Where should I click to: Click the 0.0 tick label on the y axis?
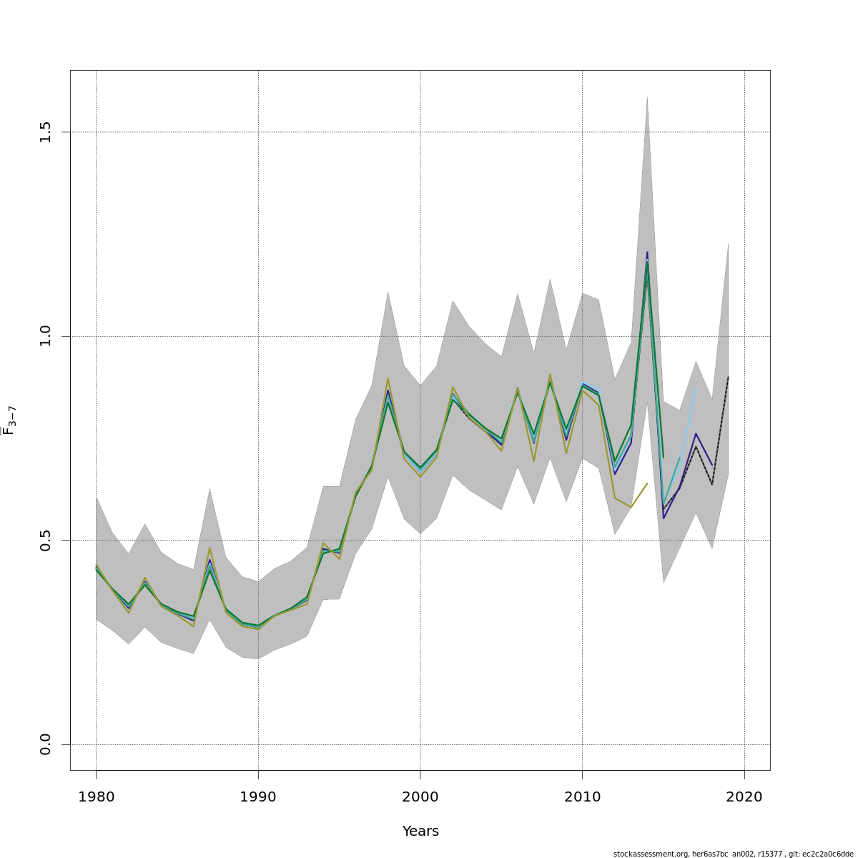[x=46, y=744]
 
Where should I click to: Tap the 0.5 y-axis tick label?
[x=46, y=541]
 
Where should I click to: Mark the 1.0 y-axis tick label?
[x=46, y=336]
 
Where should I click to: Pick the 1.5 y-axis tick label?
[x=46, y=132]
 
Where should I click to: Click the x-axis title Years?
[x=420, y=832]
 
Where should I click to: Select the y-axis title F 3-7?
[x=9, y=420]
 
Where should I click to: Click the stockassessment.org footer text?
[x=733, y=854]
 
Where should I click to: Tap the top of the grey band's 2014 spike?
[x=647, y=96]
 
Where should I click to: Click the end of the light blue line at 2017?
[x=696, y=387]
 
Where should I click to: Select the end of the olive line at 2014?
[x=647, y=483]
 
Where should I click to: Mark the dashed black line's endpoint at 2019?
[x=728, y=377]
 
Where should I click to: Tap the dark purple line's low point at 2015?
[x=664, y=518]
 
